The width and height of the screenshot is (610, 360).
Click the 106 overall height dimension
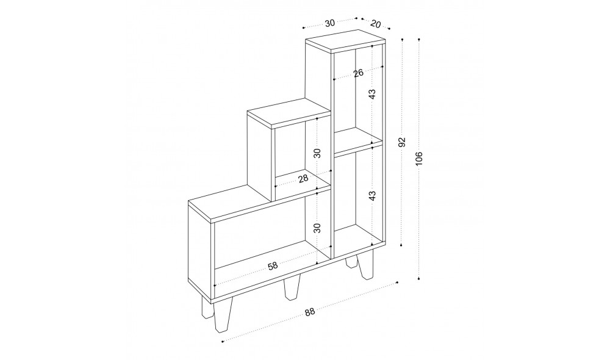click(x=418, y=159)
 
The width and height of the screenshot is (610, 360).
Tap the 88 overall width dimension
click(x=310, y=312)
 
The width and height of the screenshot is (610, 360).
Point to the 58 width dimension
click(x=273, y=266)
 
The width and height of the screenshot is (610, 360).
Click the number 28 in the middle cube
click(x=303, y=178)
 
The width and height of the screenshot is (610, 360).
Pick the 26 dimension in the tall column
click(x=358, y=73)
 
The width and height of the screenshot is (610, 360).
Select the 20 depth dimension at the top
click(x=375, y=24)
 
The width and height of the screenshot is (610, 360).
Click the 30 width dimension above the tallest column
click(x=329, y=23)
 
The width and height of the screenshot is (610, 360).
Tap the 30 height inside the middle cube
click(x=318, y=153)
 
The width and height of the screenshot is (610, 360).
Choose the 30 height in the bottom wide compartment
click(x=318, y=228)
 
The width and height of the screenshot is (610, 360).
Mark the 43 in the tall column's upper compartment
click(x=373, y=94)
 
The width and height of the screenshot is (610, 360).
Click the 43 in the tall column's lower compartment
click(x=373, y=196)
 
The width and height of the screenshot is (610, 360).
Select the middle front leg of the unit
click(x=293, y=289)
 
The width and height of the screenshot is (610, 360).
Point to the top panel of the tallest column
click(x=345, y=41)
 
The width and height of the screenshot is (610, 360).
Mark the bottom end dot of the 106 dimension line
click(x=418, y=279)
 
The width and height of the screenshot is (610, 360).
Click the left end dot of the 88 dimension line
click(x=222, y=342)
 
